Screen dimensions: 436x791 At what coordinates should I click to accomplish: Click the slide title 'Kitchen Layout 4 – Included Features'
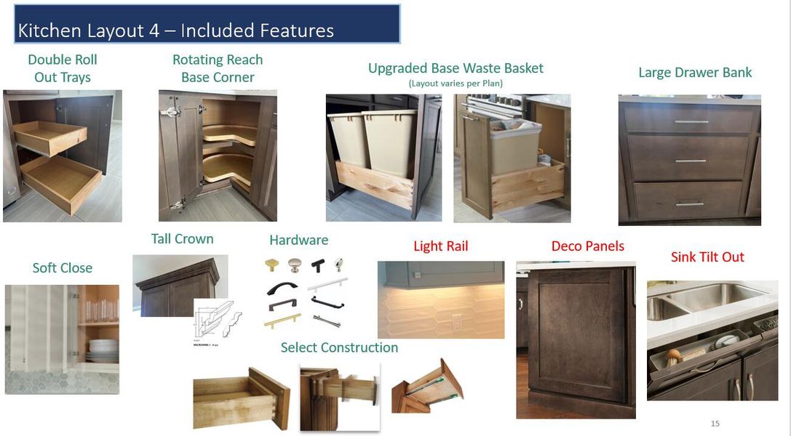point(175,31)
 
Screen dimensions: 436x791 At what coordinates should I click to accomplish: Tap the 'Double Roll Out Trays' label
point(63,68)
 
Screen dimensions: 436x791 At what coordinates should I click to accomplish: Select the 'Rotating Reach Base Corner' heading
point(218,68)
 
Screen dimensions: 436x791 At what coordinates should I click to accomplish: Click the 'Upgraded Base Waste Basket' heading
point(456,68)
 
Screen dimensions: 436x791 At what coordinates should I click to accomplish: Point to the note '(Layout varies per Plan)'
point(456,84)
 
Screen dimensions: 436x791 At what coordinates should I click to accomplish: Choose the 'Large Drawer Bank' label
point(695,73)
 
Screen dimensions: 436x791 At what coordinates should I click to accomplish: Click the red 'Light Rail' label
point(440,246)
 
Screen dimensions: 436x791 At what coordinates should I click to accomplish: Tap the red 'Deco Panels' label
point(587,246)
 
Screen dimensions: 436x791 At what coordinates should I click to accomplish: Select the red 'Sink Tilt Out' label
point(707,257)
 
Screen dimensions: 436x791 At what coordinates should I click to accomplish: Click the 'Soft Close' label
point(63,268)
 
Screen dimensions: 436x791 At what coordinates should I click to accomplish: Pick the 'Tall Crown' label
point(182,239)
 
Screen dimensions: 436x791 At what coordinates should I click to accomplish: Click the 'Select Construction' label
point(339,348)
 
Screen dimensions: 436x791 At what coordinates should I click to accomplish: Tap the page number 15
point(715,424)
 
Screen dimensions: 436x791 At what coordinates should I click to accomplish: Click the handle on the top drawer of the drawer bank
point(691,122)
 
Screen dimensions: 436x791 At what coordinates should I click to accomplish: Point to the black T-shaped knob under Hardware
point(319,265)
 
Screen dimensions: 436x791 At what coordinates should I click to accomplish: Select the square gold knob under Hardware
point(272,265)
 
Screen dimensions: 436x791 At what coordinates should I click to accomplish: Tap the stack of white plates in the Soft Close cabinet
point(102,351)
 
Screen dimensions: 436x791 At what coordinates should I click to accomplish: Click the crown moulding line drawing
point(217,318)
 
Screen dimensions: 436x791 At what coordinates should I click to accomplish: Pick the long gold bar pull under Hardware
point(282,320)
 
